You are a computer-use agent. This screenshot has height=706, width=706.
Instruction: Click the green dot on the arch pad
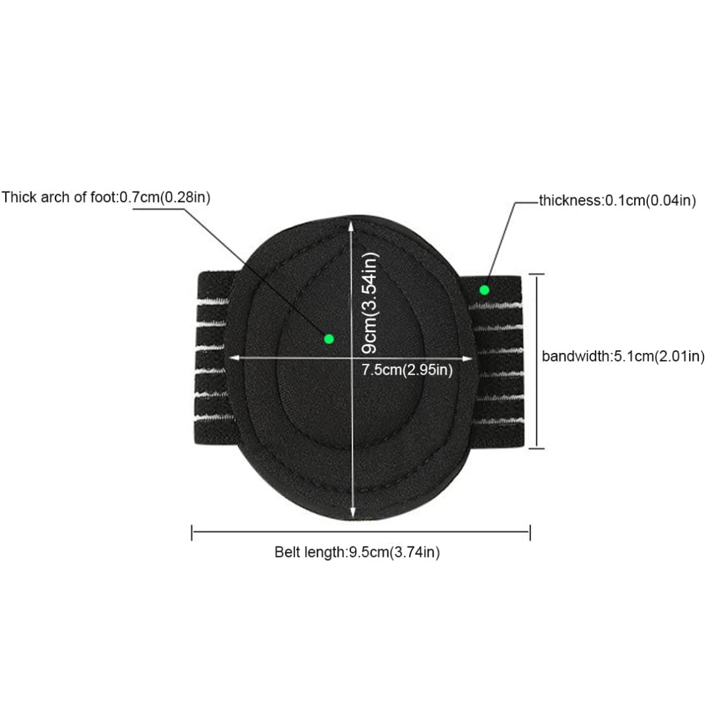[x=329, y=339]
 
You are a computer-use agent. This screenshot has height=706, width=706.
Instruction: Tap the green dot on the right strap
[x=484, y=290]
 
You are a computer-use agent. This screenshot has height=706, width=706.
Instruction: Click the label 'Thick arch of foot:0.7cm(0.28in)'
[x=106, y=197]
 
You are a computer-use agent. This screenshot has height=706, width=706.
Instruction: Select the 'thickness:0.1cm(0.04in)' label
[x=617, y=201]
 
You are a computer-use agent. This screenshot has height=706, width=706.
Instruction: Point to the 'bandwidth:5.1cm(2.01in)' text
[x=623, y=356]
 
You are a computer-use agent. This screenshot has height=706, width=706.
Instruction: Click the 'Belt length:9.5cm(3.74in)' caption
[x=357, y=552]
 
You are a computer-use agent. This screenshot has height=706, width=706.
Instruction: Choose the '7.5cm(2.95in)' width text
[x=407, y=369]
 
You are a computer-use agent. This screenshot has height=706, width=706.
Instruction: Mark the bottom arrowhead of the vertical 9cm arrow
[x=352, y=513]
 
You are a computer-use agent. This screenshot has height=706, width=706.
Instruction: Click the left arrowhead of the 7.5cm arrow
[x=235, y=358]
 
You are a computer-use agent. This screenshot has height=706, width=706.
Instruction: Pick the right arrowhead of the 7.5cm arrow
[x=467, y=358]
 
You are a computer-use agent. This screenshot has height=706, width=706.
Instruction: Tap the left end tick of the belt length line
[x=192, y=532]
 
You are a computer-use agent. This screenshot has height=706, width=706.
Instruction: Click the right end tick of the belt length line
[x=530, y=532]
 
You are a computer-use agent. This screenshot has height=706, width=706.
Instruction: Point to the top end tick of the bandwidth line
[x=536, y=274]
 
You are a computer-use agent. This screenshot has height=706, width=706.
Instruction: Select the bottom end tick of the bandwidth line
[x=536, y=448]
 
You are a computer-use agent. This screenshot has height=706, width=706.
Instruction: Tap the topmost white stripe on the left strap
[x=213, y=301]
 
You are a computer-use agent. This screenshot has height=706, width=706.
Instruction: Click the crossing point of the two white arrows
[x=352, y=358]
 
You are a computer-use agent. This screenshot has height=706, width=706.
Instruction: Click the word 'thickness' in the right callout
[x=570, y=201]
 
